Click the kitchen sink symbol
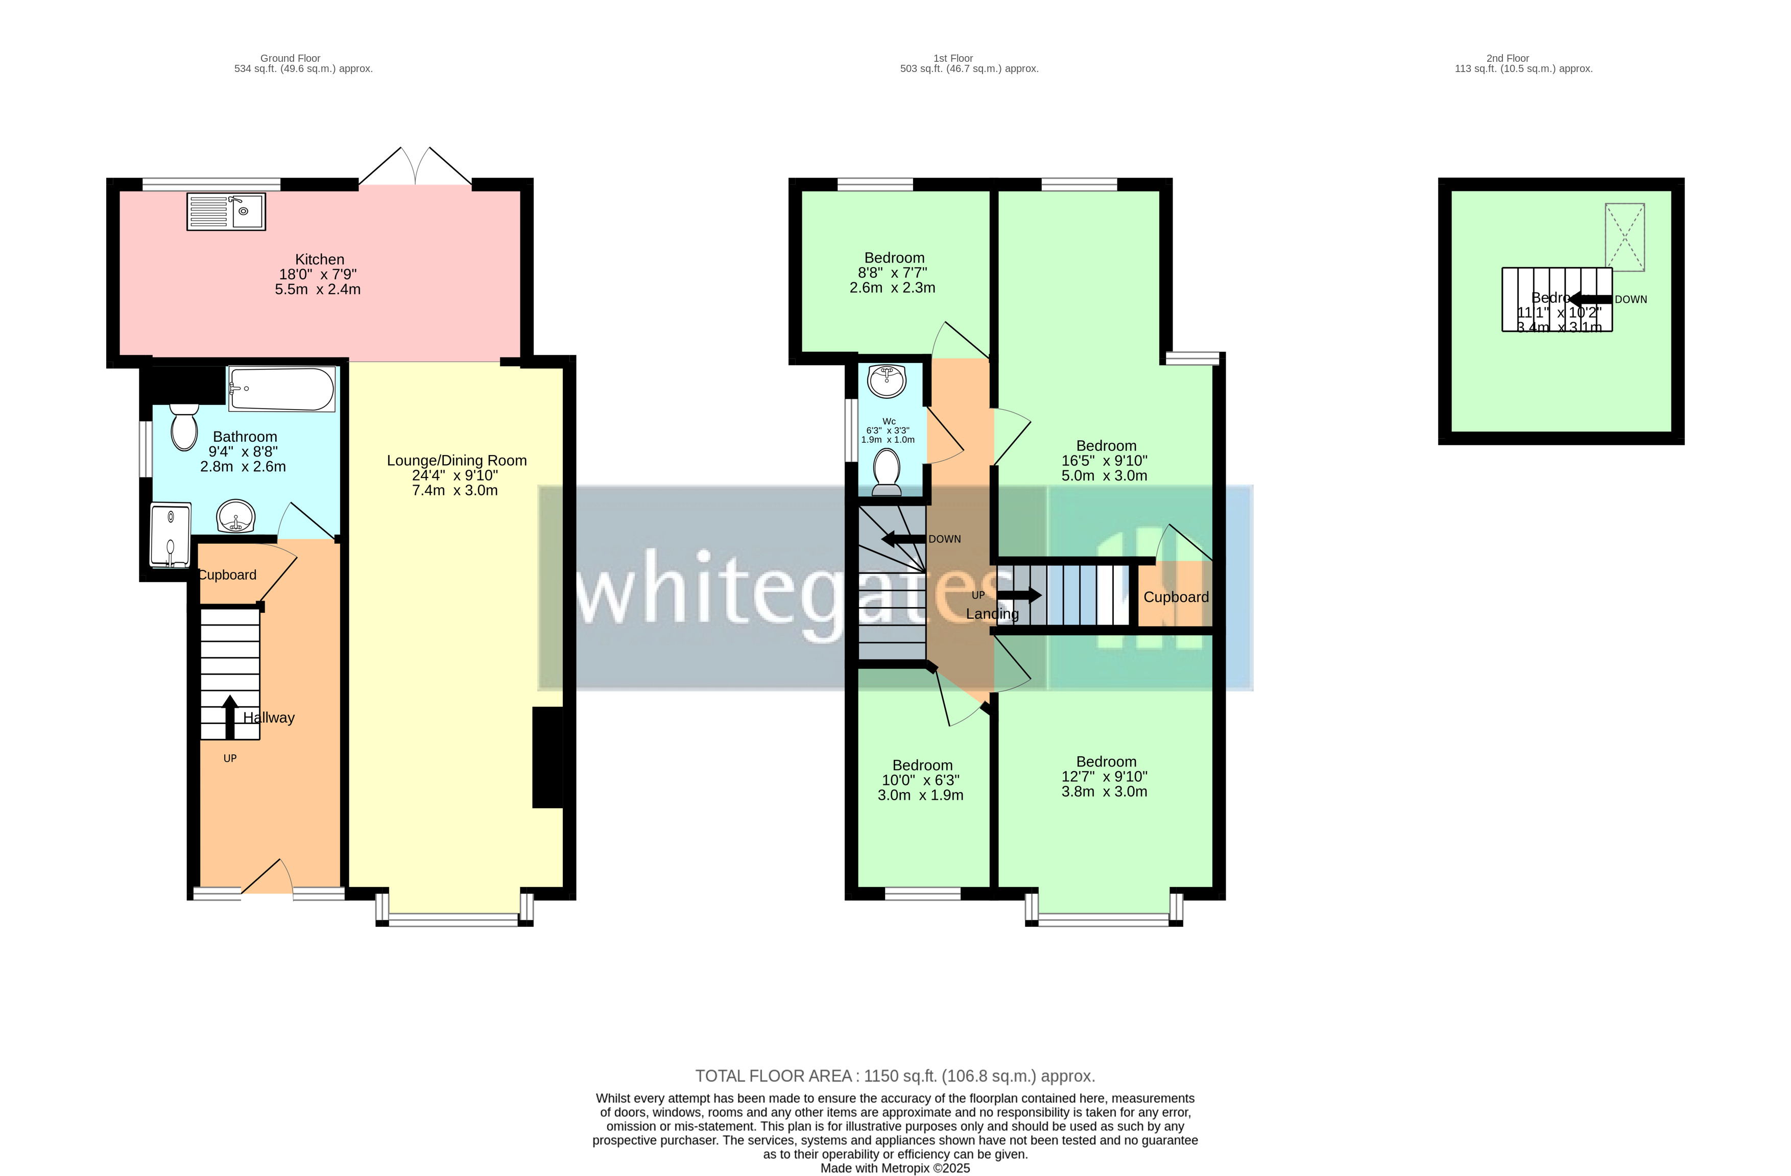(x=226, y=211)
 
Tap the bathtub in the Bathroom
(x=281, y=389)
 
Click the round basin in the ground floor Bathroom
(x=236, y=517)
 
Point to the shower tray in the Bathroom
(x=170, y=535)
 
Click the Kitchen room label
(x=319, y=259)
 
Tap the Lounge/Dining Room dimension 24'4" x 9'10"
(x=455, y=475)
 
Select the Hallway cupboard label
(x=227, y=575)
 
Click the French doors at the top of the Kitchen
(x=415, y=167)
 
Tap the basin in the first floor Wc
(x=887, y=381)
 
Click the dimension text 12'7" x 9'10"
(x=1104, y=777)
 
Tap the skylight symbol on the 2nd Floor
(x=1624, y=237)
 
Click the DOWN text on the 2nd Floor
(x=1630, y=299)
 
